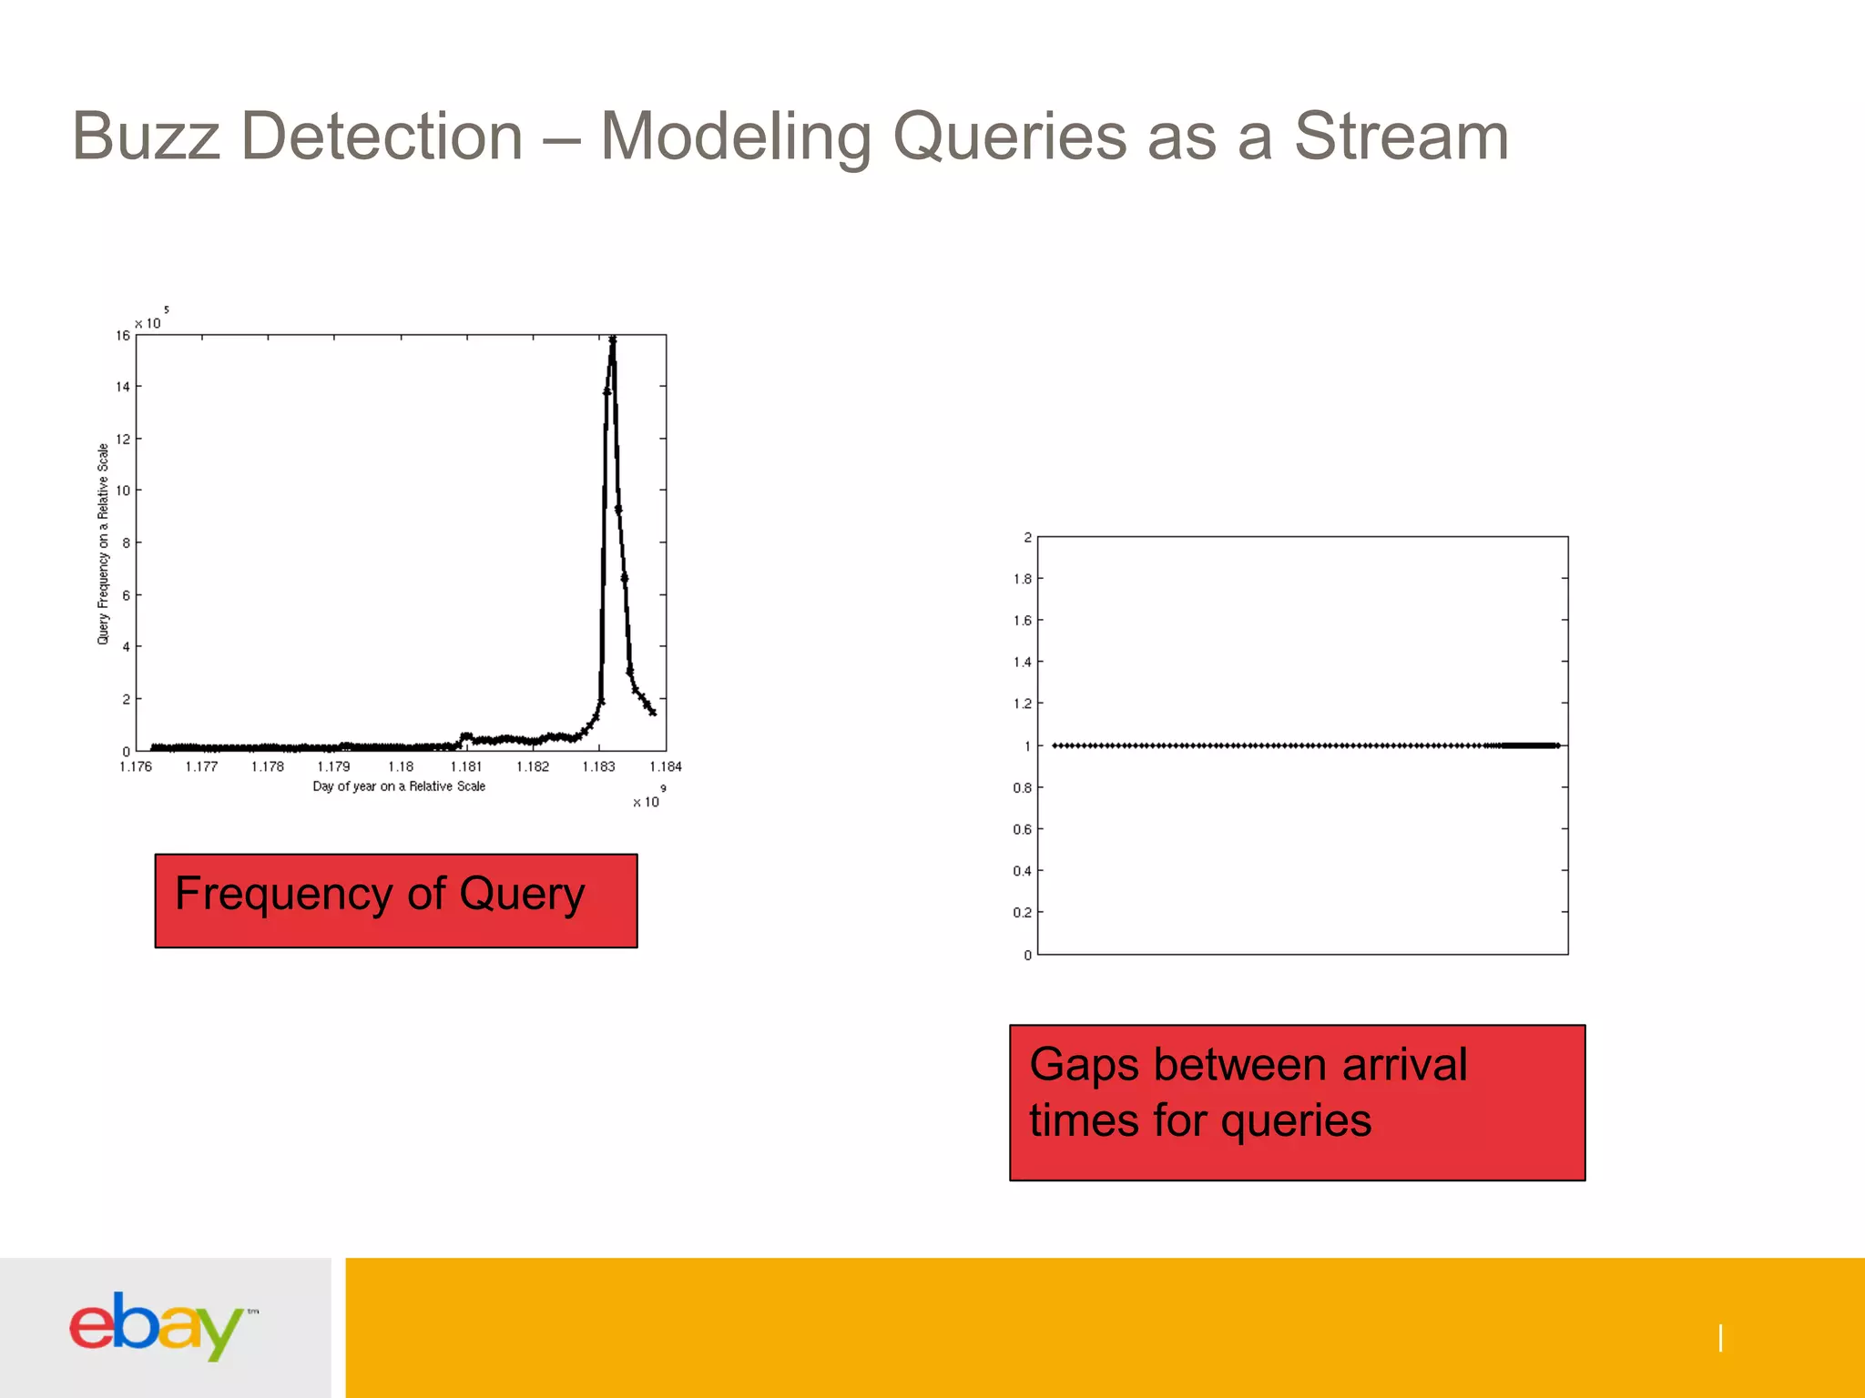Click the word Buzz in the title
pos(146,137)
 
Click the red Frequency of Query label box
pos(395,900)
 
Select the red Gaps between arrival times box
pos(1297,1102)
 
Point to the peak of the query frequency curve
pos(613,339)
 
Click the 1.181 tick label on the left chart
pos(466,766)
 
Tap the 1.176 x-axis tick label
pos(136,766)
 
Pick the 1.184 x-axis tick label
pos(666,766)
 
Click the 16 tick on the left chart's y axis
pos(123,336)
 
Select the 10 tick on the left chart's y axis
pos(123,491)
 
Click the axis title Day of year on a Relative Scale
pos(399,786)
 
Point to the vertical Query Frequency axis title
pos(103,544)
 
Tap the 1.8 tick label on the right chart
pos(1023,579)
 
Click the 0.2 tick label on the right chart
pos(1023,913)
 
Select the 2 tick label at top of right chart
pos(1027,537)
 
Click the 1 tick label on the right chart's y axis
pos(1027,746)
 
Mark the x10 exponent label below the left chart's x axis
pos(647,800)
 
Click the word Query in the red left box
pos(522,894)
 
